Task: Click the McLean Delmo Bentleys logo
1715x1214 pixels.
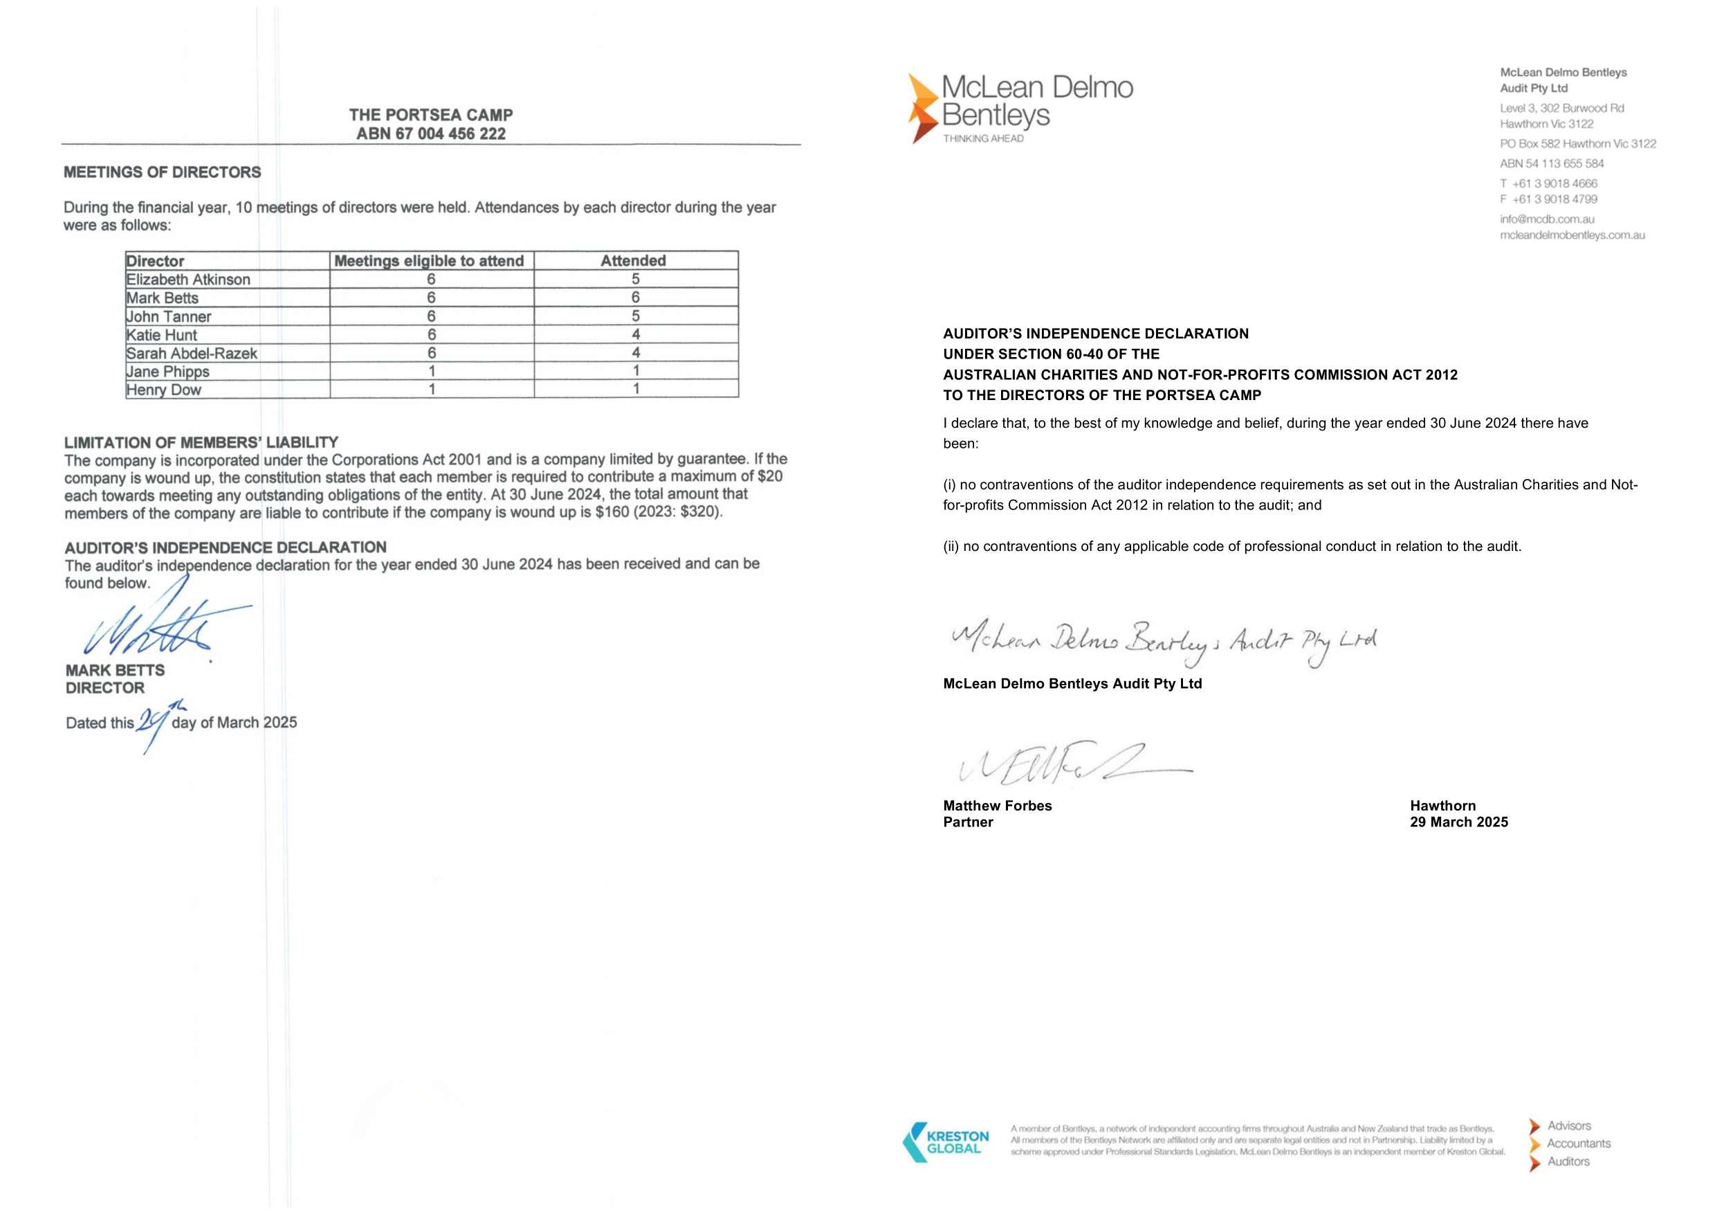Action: click(1019, 107)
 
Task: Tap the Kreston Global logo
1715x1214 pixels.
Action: click(946, 1141)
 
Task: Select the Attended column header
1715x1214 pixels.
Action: click(633, 261)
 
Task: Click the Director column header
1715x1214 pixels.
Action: click(156, 262)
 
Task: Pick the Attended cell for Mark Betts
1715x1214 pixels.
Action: click(635, 298)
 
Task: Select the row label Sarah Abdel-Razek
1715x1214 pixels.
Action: click(192, 354)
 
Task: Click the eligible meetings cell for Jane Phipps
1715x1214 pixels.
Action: click(431, 372)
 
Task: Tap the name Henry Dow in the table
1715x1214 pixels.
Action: click(164, 390)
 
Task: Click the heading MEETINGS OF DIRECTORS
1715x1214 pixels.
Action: click(162, 172)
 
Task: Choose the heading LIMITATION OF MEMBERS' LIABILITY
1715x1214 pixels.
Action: click(201, 442)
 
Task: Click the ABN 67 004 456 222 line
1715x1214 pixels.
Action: click(430, 134)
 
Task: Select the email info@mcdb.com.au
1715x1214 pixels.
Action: click(1546, 219)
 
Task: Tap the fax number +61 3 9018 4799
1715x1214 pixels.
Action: click(1554, 199)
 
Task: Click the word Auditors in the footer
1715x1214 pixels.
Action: click(1568, 1161)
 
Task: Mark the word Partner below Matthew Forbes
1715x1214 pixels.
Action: click(968, 822)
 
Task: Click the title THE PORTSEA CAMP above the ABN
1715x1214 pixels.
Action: click(430, 115)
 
